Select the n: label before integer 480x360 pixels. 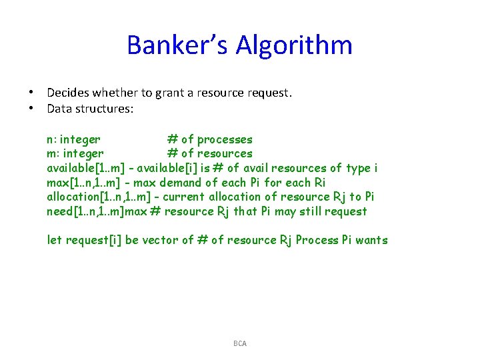click(51, 139)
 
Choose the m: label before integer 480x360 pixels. click(53, 153)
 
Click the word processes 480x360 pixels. click(225, 139)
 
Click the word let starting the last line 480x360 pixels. click(55, 240)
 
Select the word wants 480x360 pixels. click(371, 240)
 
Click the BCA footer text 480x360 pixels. click(240, 343)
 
